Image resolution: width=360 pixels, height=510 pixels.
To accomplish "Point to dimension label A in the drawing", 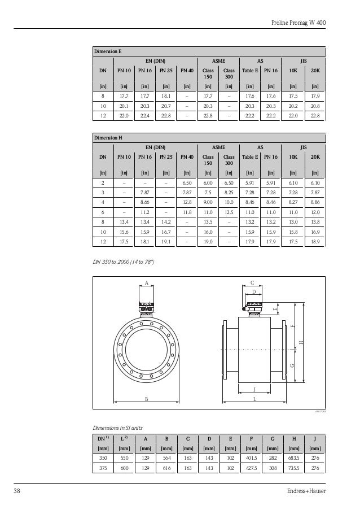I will click(146, 282).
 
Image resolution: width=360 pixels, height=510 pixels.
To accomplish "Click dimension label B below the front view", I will click(147, 399).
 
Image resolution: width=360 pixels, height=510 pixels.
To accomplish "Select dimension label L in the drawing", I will click(254, 399).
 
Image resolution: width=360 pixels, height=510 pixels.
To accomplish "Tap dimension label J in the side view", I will click(254, 389).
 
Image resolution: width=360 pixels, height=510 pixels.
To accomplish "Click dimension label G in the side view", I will click(292, 365).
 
